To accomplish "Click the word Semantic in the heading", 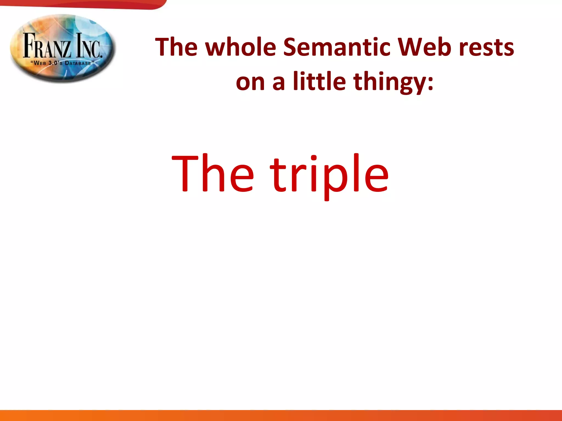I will (x=336, y=47).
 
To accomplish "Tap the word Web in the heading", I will (x=425, y=47).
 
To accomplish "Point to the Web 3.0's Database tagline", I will (x=63, y=63).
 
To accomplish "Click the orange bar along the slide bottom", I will (x=281, y=415).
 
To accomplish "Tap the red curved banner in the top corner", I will (x=82, y=4).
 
